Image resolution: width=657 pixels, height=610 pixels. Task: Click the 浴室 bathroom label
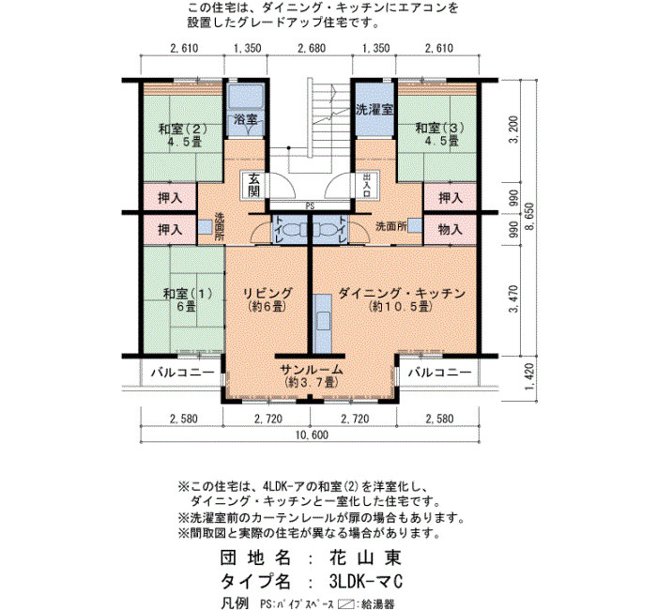[246, 119]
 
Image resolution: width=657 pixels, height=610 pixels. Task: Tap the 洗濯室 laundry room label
[374, 110]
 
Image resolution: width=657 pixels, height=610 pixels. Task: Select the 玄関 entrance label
[254, 185]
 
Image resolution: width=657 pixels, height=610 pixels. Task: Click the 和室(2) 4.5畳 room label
[183, 135]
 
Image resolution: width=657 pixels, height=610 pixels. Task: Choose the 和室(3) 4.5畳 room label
[439, 134]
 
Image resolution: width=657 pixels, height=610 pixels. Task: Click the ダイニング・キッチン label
[402, 293]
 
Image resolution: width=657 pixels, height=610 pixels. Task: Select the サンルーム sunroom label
[312, 370]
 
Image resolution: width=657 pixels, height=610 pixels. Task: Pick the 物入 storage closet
[450, 229]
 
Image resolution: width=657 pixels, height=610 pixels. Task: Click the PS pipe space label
[310, 206]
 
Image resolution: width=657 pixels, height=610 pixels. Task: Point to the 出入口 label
[367, 185]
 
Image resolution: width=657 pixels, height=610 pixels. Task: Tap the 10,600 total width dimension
[312, 435]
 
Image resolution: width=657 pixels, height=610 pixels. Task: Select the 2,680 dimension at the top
[312, 48]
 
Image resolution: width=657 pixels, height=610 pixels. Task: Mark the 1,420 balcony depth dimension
[528, 376]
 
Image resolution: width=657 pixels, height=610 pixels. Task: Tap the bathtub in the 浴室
[246, 98]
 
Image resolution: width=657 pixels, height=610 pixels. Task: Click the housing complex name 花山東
[365, 557]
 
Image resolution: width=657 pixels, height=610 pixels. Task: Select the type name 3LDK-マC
[366, 581]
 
